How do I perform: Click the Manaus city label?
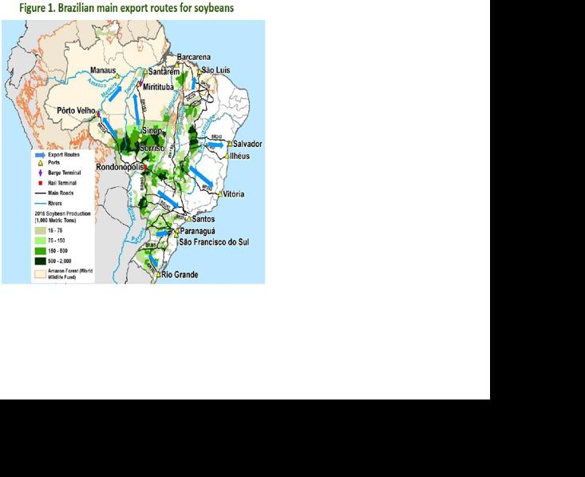(102, 70)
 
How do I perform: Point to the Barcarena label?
(194, 58)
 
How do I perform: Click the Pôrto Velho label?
(76, 110)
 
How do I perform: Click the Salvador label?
(248, 144)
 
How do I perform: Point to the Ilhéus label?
(239, 156)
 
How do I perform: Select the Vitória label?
(234, 194)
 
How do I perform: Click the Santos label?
(204, 219)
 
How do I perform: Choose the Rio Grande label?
(180, 275)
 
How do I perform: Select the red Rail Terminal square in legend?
(39, 182)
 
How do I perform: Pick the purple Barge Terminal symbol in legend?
(39, 172)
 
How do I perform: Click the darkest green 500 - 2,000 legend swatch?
(39, 261)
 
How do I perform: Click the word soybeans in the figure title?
(208, 8)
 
